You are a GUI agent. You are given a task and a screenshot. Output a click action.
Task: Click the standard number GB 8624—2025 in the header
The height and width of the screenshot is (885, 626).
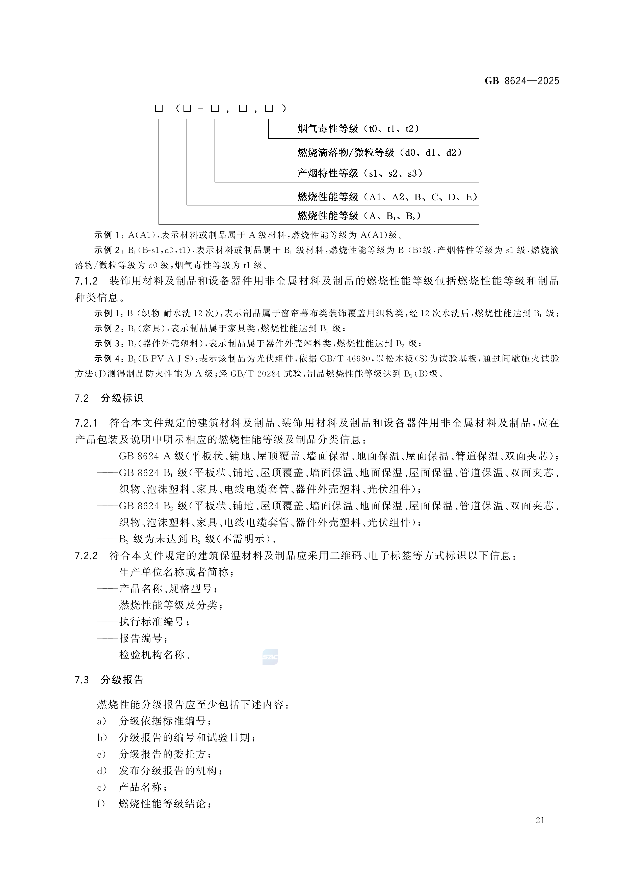(522, 81)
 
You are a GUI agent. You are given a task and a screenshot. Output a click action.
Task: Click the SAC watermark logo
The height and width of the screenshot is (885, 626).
(270, 657)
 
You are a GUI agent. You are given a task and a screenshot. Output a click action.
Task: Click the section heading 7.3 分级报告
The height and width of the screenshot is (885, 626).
(109, 680)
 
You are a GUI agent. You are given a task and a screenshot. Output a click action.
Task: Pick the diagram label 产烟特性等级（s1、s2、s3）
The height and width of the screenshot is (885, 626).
(360, 174)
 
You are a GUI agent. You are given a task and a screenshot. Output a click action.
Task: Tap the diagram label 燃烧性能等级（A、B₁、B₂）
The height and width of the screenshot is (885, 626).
(359, 216)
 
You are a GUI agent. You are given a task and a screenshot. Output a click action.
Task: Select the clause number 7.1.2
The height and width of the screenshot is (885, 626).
(86, 281)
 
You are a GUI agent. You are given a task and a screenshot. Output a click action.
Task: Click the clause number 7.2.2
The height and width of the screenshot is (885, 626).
(86, 556)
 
